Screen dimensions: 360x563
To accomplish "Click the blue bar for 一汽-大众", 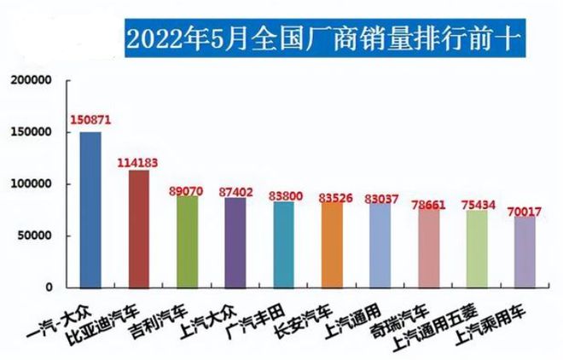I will point(90,209).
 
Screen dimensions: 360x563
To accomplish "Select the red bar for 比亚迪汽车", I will point(138,229).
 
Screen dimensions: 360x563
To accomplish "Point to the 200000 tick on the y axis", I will point(32,80).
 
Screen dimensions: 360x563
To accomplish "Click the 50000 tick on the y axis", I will point(36,235).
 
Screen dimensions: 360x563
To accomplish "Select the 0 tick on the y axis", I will point(49,287).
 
